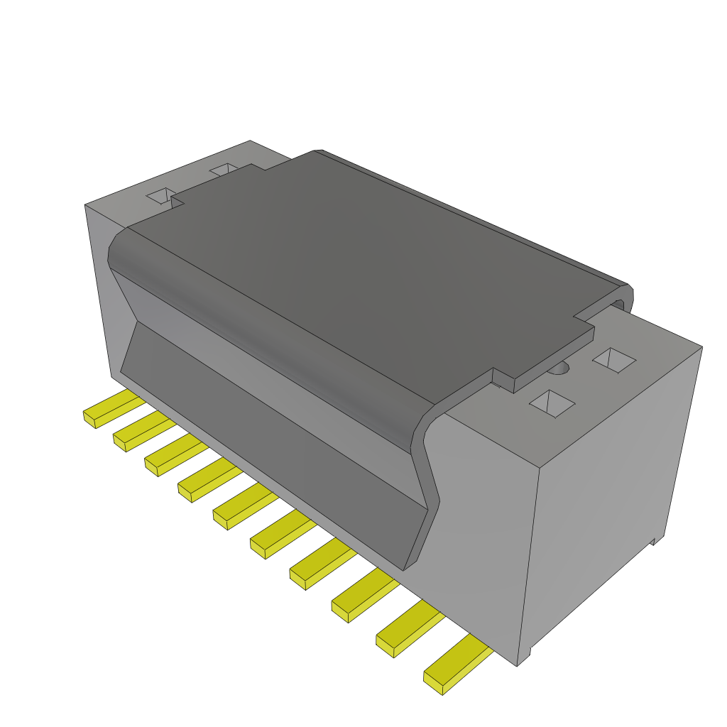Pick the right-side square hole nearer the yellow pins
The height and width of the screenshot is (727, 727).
pyautogui.click(x=552, y=403)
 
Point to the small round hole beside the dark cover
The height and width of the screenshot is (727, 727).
pyautogui.click(x=561, y=368)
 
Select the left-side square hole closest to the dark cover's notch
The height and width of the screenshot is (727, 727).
pyautogui.click(x=160, y=197)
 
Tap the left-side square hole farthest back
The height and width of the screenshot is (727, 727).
pyautogui.click(x=224, y=170)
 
